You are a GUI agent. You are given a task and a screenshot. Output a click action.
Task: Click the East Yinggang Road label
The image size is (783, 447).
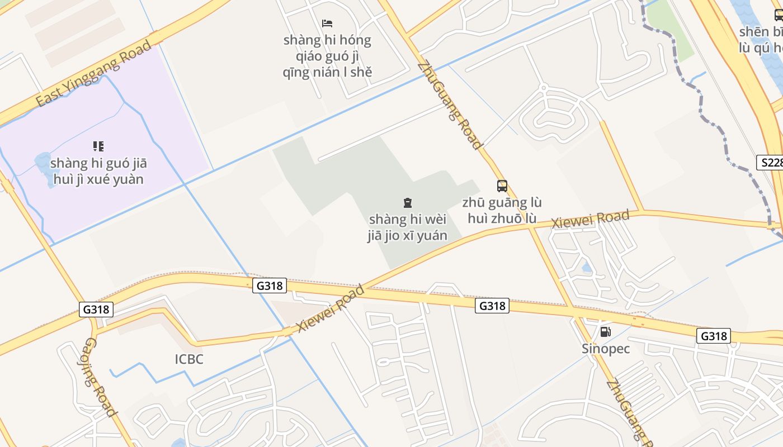click(93, 73)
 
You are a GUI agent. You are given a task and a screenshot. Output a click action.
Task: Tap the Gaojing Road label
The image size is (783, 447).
click(101, 377)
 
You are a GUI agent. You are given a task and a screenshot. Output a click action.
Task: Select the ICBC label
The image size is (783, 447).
click(189, 359)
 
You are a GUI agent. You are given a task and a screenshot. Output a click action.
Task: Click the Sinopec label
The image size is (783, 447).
click(606, 349)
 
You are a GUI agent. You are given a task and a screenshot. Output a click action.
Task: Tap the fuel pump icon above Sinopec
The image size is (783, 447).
click(605, 332)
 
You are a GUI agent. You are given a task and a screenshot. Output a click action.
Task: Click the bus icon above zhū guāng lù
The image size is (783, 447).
click(502, 186)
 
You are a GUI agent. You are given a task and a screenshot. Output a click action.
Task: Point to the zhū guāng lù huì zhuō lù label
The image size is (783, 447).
click(502, 210)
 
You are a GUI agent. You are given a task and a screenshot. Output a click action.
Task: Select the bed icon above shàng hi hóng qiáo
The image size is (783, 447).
click(327, 23)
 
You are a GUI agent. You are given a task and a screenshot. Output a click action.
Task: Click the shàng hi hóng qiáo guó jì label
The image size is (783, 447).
click(327, 56)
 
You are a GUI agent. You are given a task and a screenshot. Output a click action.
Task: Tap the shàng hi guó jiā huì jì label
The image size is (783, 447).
click(98, 171)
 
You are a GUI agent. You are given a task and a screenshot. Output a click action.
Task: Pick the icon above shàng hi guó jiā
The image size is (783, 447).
click(98, 146)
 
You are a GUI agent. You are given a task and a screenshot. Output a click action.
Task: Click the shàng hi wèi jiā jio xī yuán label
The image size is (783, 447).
click(407, 227)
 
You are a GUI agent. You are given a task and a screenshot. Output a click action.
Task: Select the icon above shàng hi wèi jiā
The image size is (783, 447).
click(407, 203)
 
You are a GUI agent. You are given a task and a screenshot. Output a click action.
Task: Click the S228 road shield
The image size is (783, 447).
click(770, 163)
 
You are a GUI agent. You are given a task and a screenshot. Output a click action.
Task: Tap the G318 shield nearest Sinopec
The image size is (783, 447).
click(714, 336)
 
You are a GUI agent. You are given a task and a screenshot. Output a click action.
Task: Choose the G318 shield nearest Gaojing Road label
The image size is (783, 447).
click(96, 310)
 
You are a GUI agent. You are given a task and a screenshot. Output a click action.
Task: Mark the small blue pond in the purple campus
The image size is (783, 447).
click(43, 163)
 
